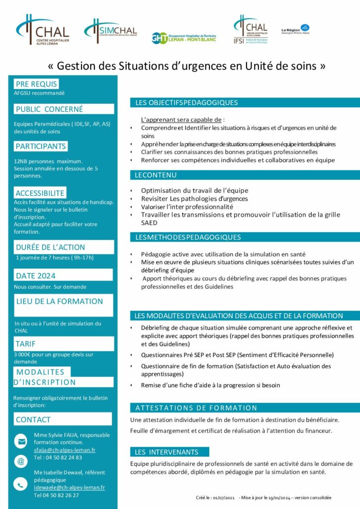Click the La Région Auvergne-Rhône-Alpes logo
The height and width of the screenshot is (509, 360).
[295, 30]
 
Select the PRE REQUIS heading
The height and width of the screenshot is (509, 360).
[36, 84]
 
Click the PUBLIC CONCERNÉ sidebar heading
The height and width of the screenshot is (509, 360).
[49, 109]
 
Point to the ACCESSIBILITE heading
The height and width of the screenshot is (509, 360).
[40, 193]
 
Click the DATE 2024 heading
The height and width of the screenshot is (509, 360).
[36, 276]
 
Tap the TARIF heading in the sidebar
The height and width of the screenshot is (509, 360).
[29, 343]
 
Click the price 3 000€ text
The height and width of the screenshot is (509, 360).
[25, 354]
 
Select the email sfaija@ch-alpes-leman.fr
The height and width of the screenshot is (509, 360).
[65, 450]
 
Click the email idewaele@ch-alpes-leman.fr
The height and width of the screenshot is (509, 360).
[69, 488]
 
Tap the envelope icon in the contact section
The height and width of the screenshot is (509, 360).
[21, 441]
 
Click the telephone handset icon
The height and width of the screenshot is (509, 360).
[21, 483]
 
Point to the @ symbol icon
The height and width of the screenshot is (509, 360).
[21, 462]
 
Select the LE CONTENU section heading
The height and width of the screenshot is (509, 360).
[156, 175]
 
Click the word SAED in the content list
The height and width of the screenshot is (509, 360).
[149, 223]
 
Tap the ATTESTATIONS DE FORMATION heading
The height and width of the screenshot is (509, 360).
[196, 408]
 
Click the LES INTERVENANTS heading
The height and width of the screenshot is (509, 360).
[167, 452]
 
